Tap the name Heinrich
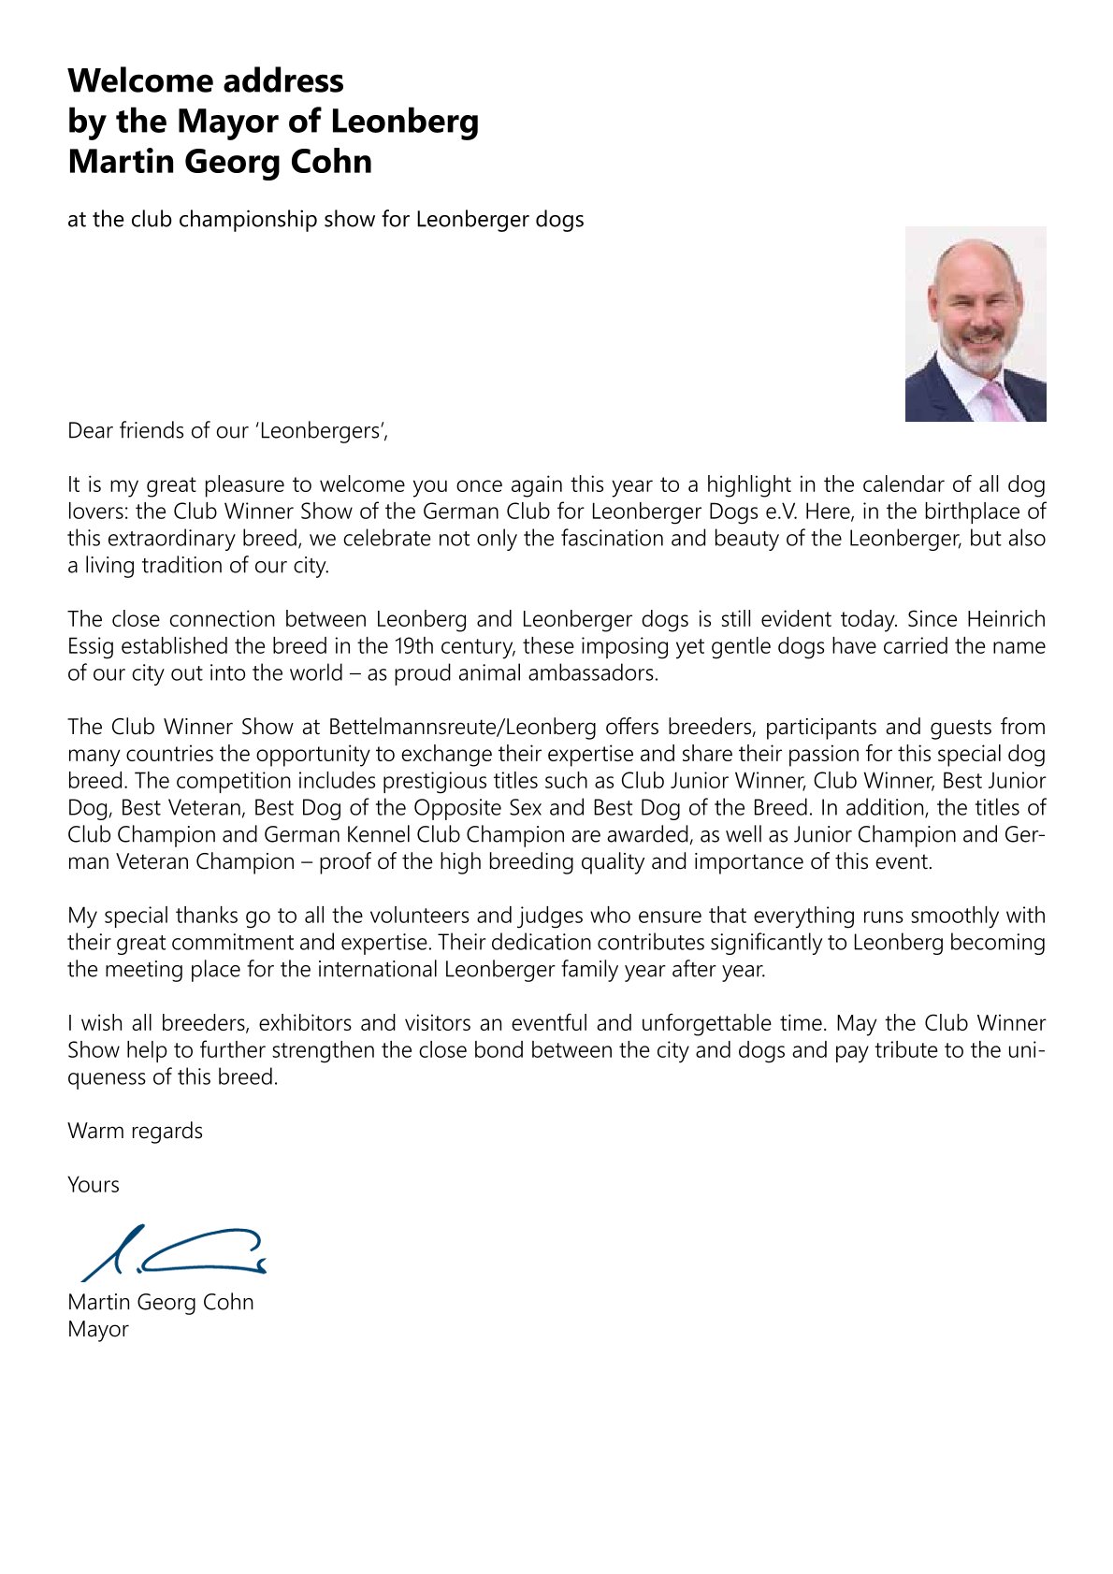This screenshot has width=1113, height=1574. click(x=1005, y=619)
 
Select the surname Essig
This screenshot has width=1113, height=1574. click(x=91, y=646)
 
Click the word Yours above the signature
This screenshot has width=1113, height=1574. click(x=94, y=1185)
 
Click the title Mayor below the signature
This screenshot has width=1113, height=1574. click(x=98, y=1329)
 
